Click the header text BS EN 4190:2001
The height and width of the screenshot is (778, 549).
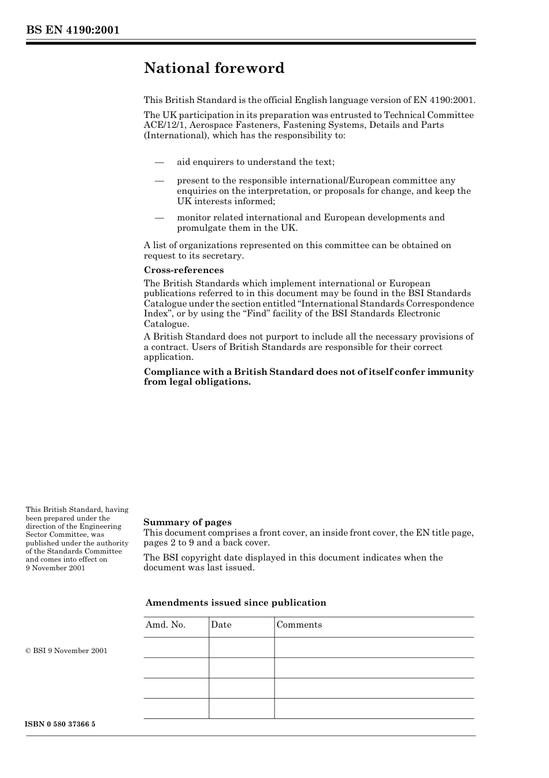72,30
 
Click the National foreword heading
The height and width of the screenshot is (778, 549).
214,68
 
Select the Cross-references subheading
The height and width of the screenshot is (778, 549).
183,270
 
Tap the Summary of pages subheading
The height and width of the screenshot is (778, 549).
187,522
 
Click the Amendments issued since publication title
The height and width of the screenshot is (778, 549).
236,603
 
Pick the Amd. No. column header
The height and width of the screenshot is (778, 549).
165,625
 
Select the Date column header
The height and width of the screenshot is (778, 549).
221,625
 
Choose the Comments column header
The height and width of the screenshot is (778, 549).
299,625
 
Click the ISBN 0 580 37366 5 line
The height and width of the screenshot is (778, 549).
60,724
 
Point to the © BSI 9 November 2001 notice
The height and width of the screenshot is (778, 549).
66,651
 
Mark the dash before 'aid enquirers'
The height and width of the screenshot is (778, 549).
159,162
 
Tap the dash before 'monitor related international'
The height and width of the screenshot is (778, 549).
159,217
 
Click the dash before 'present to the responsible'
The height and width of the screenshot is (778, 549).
159,180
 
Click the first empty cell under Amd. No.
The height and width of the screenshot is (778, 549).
176,648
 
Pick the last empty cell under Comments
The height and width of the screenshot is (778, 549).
374,709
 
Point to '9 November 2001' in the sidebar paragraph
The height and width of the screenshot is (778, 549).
55,568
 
